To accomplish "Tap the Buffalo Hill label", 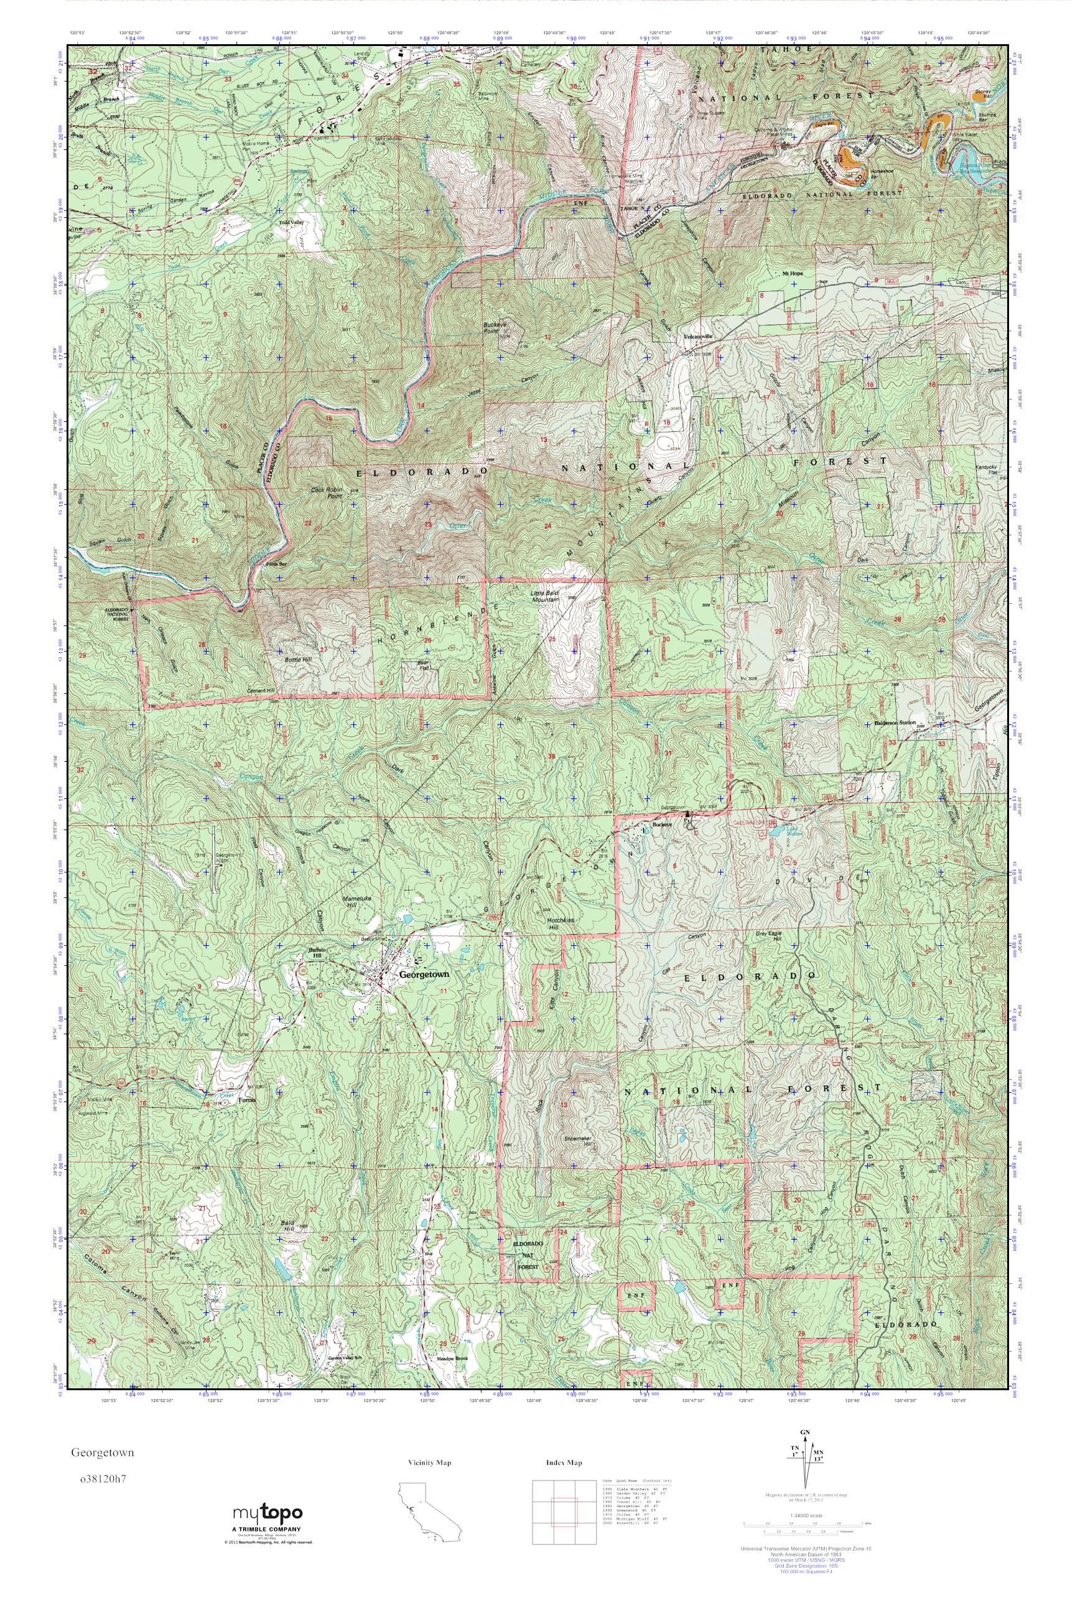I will pos(314,953).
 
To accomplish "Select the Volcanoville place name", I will pos(698,337).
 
